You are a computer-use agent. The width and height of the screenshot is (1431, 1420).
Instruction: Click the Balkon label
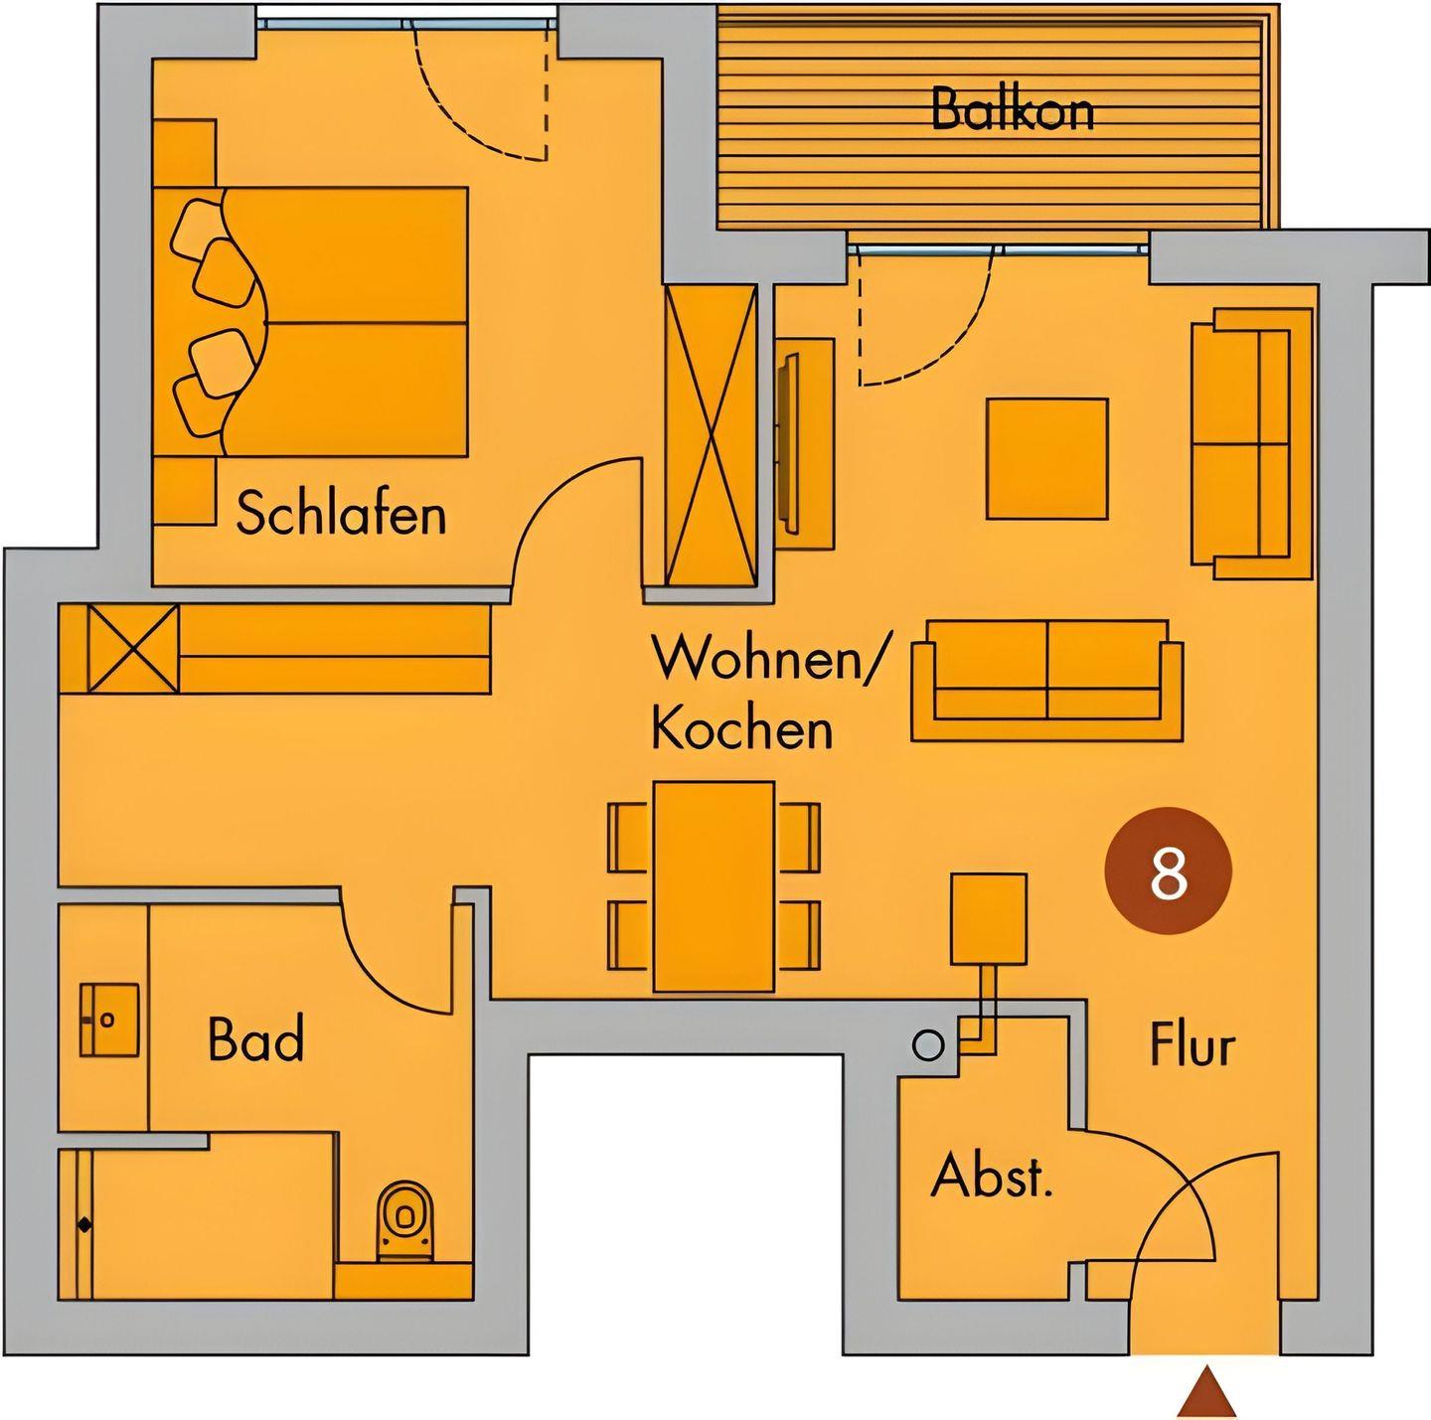1013,109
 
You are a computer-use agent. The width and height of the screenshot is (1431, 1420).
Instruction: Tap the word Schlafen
341,513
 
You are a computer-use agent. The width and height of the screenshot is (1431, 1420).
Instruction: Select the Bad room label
255,1039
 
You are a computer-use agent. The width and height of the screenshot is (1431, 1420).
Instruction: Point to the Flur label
1192,1044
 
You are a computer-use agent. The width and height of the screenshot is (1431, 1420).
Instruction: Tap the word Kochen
742,730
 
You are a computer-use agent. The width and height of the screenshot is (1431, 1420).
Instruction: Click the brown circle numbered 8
1168,870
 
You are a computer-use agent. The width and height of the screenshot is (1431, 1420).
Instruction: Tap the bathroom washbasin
109,1020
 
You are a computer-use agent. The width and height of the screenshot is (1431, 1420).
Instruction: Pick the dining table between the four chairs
714,886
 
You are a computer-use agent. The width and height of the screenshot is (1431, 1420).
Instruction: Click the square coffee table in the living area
1047,458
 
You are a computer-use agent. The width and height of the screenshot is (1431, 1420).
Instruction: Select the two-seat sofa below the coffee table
1047,681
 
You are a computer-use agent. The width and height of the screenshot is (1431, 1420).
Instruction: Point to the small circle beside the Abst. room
927,1045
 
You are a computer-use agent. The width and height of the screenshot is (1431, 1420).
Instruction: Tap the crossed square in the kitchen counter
134,648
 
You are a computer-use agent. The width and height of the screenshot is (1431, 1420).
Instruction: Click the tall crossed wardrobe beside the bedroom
712,436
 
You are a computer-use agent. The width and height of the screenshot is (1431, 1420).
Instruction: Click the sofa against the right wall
1251,443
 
